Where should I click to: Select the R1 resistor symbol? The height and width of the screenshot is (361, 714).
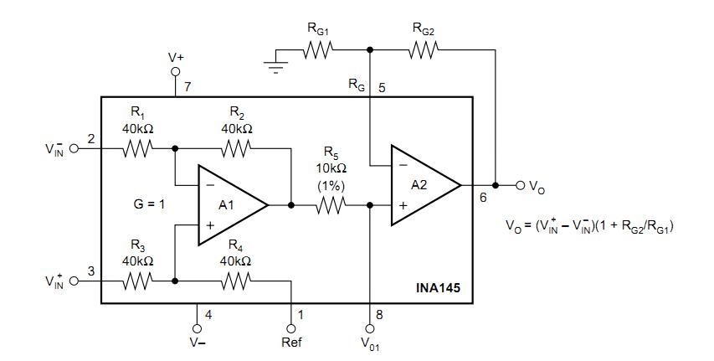coord(137,149)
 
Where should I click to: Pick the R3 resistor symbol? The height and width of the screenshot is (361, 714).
coord(137,281)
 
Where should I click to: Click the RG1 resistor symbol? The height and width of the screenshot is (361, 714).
coord(318,50)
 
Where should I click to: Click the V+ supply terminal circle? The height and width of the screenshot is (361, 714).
coord(176,72)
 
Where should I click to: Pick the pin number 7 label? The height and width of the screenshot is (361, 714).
coord(188,87)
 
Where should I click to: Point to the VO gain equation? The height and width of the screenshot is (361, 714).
coord(590,225)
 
